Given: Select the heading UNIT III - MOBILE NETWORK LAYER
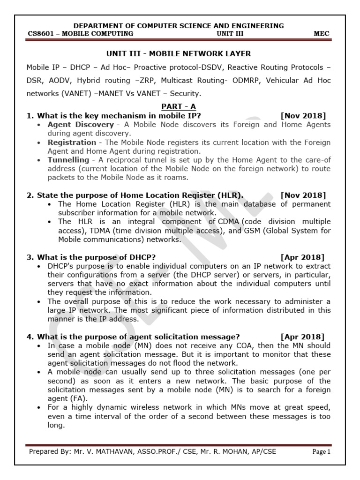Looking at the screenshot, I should [180, 54].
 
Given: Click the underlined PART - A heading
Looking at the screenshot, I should [180, 107].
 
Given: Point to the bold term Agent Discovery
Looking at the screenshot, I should [80, 125].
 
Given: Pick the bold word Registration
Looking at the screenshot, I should [71, 142].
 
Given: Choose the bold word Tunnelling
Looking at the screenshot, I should [68, 160].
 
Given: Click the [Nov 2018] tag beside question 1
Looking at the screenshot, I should [303, 116].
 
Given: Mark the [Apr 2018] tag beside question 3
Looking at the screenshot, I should [302, 257].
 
